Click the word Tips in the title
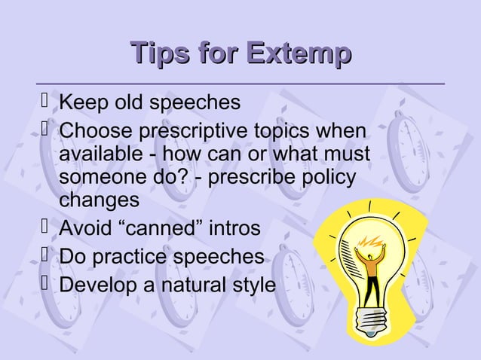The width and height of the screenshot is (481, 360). point(158,55)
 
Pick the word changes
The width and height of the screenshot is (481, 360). point(99,202)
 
